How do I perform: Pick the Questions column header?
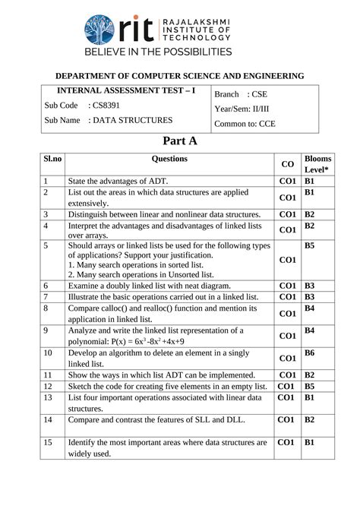coord(169,159)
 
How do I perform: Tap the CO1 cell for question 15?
coord(287,442)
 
